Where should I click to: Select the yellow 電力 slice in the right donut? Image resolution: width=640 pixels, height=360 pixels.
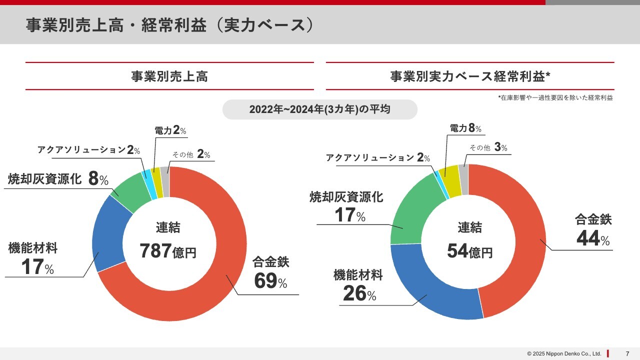pyautogui.click(x=448, y=175)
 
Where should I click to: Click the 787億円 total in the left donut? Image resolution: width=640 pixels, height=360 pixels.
pyautogui.click(x=168, y=251)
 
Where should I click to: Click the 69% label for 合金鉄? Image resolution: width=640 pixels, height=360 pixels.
pyautogui.click(x=270, y=281)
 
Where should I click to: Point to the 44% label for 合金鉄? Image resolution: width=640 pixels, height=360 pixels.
pyautogui.click(x=593, y=238)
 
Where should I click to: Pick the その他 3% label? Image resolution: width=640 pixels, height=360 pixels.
pyautogui.click(x=488, y=147)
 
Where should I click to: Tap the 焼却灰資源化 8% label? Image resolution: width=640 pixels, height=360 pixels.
pyautogui.click(x=58, y=179)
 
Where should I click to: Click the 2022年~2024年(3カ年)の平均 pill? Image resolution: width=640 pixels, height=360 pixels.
pyautogui.click(x=319, y=109)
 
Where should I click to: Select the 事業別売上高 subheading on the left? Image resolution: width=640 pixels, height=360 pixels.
pyautogui.click(x=169, y=76)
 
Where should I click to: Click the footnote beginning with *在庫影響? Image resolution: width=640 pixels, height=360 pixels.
pyautogui.click(x=555, y=98)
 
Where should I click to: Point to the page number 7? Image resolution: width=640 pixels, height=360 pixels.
pyautogui.click(x=627, y=353)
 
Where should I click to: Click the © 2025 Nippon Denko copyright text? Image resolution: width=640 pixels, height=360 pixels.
pyautogui.click(x=563, y=353)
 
